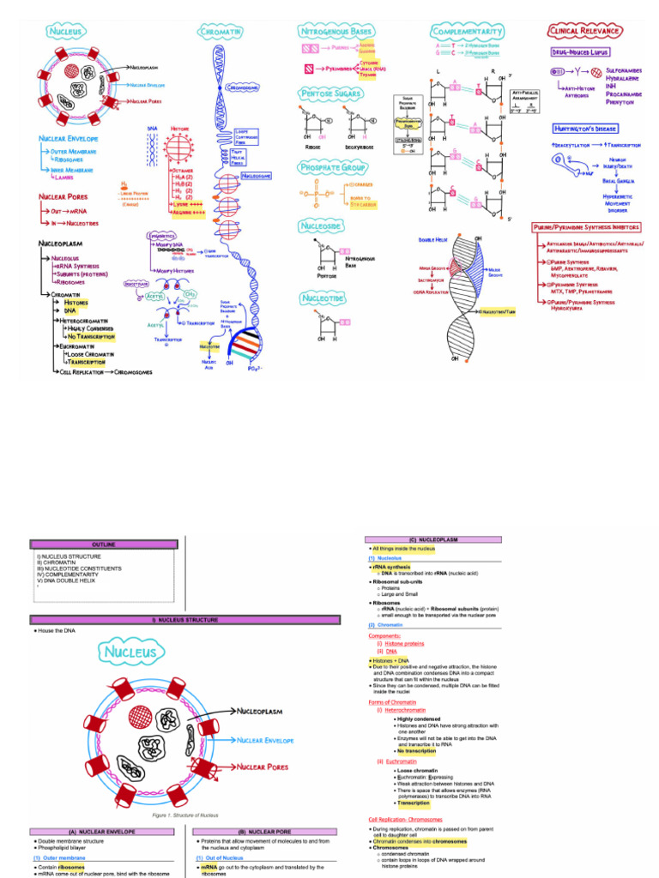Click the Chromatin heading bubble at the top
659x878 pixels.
[220, 32]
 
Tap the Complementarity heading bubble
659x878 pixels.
[467, 31]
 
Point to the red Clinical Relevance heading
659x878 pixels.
[584, 31]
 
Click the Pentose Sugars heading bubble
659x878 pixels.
[331, 93]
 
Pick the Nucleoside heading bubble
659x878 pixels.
[323, 226]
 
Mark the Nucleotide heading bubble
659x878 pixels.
[323, 298]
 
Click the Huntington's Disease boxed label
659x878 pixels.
[586, 129]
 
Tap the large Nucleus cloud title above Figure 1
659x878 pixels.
[131, 652]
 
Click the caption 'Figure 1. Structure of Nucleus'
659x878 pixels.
[185, 815]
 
